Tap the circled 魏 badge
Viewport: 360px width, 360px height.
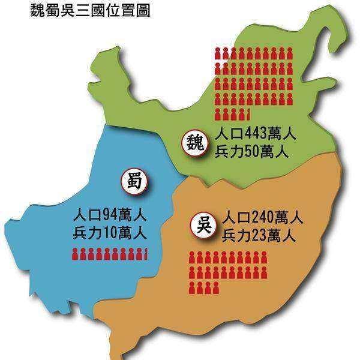(x=195, y=143)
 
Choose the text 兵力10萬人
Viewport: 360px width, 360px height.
(x=109, y=232)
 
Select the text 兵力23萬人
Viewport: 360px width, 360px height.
(x=259, y=235)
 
